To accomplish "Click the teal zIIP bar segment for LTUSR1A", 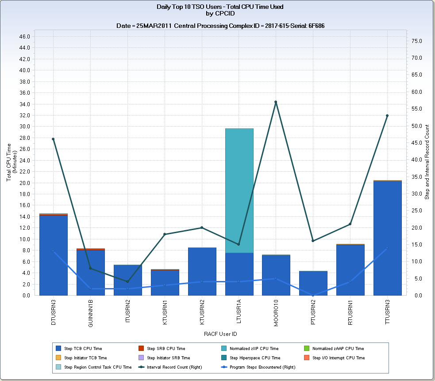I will click(x=239, y=190).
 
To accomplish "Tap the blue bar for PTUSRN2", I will click(x=313, y=283).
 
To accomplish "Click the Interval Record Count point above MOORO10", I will click(x=276, y=102).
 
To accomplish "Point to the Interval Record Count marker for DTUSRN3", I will click(x=53, y=139).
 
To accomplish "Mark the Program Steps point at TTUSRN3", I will click(x=387, y=248).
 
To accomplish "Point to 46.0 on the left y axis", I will click(x=25, y=36).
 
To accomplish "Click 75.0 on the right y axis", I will click(x=418, y=41).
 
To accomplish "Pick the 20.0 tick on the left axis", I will click(x=25, y=183).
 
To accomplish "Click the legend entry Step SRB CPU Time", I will click(x=166, y=349).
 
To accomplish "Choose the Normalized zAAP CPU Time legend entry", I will click(x=338, y=349).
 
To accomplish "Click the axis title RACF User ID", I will click(x=220, y=334).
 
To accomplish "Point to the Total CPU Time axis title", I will click(x=9, y=162).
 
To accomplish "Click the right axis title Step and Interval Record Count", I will click(x=427, y=162).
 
